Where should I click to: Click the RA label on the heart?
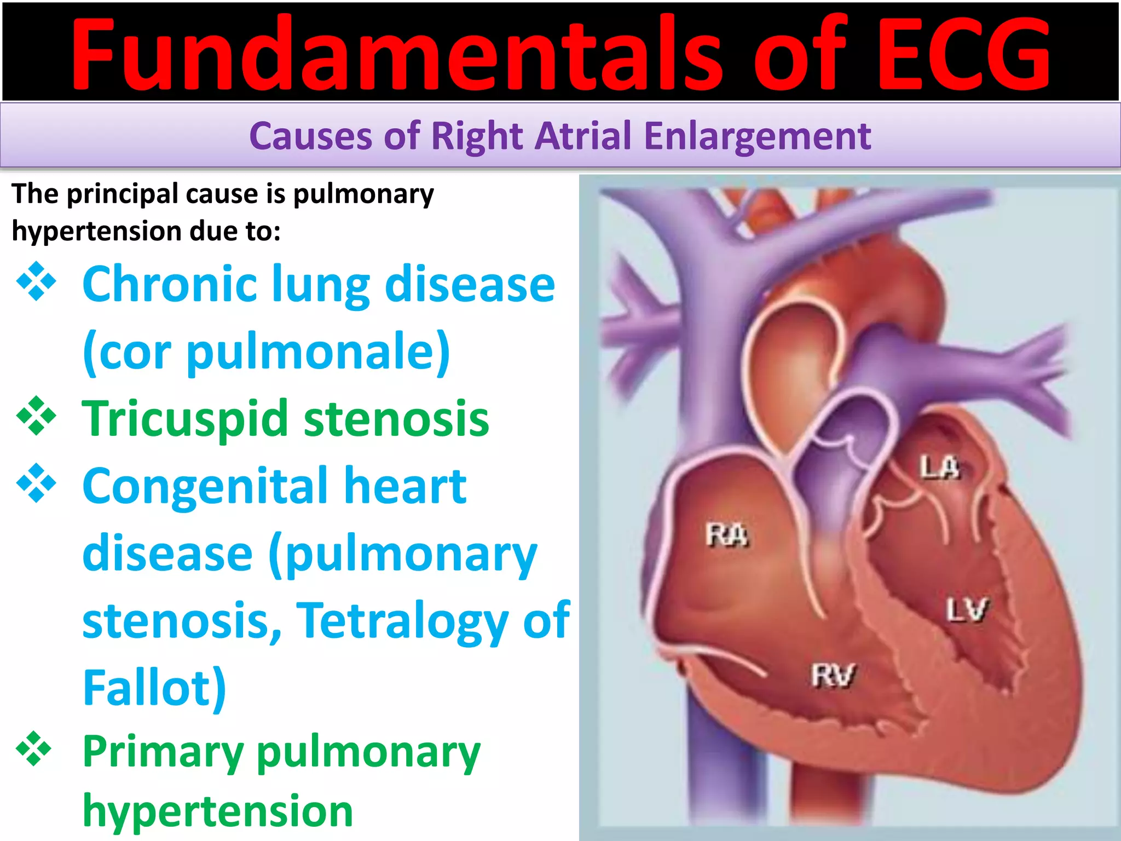click(726, 535)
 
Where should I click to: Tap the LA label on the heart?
click(939, 468)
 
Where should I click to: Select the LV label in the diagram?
click(967, 610)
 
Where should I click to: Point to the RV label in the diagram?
click(833, 675)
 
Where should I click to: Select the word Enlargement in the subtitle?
click(758, 136)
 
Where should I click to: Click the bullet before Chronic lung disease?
click(36, 282)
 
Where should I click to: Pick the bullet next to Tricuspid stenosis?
click(36, 416)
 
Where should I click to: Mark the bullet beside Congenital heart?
click(36, 483)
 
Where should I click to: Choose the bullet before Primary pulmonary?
click(34, 748)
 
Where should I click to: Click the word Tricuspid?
click(185, 419)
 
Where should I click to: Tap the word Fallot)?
click(154, 688)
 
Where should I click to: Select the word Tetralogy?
click(402, 620)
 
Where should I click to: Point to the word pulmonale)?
click(319, 352)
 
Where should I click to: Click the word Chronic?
click(170, 284)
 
